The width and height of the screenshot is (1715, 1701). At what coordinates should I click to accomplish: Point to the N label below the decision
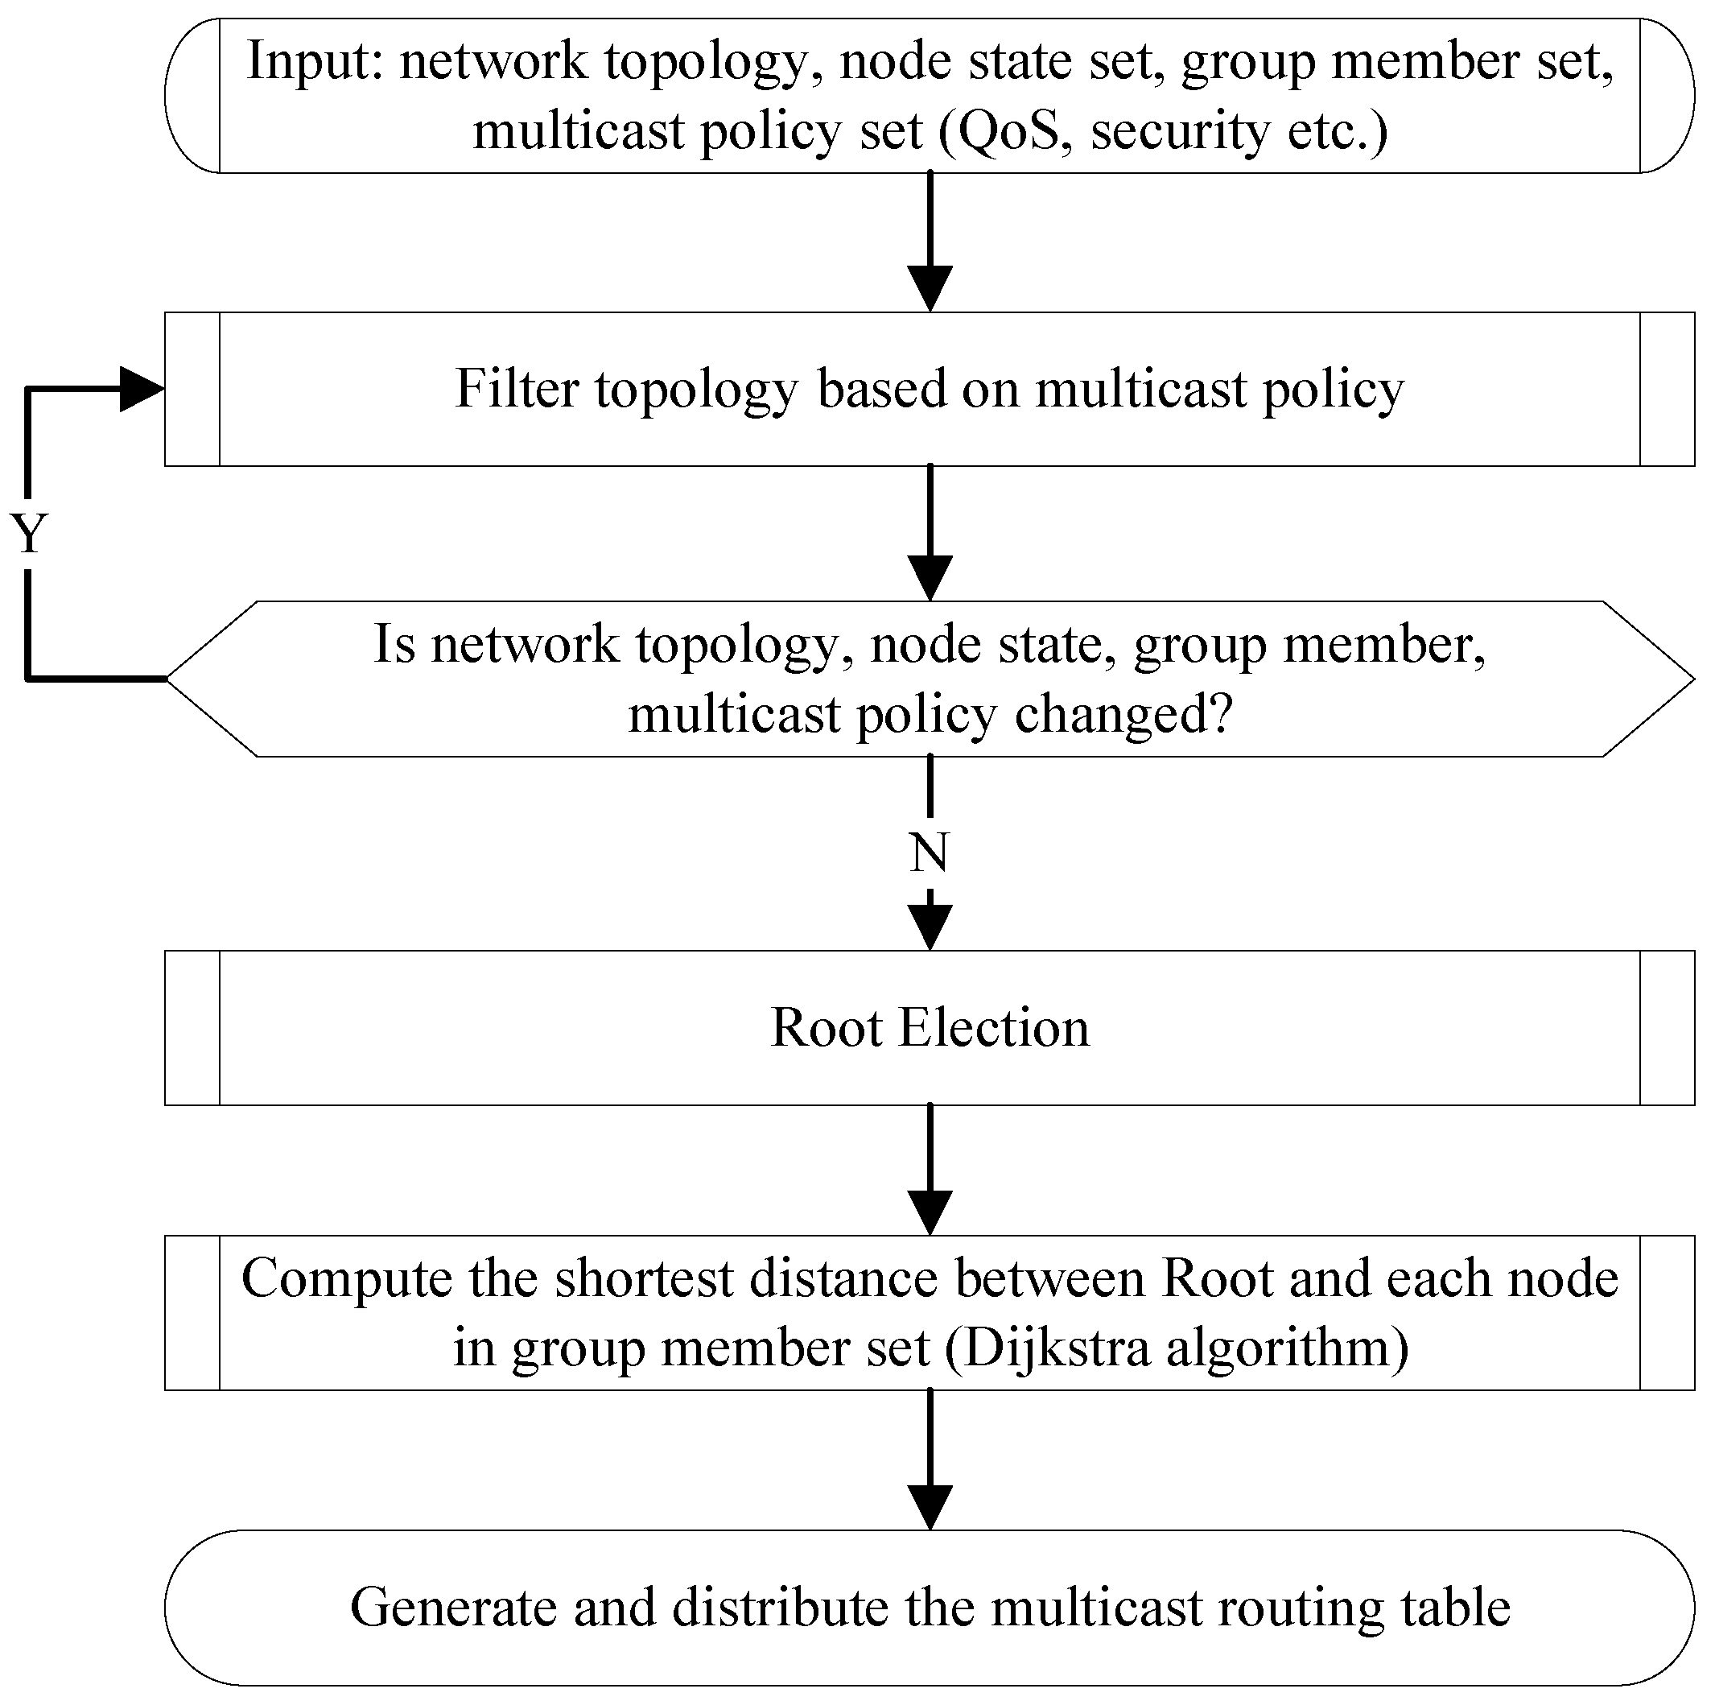pos(930,853)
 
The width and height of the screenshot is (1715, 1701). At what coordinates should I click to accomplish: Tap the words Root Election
pos(930,1028)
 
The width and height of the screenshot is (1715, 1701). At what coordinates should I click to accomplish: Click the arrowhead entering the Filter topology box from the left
pos(142,389)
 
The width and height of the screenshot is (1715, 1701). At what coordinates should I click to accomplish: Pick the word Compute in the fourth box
pos(347,1278)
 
